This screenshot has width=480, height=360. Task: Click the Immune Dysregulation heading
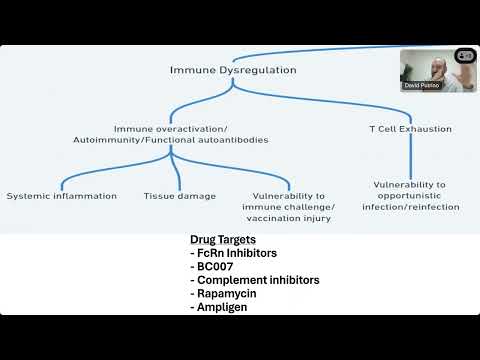click(x=232, y=70)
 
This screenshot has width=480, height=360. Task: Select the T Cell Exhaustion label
click(x=410, y=128)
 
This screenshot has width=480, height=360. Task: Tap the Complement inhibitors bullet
click(x=255, y=281)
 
